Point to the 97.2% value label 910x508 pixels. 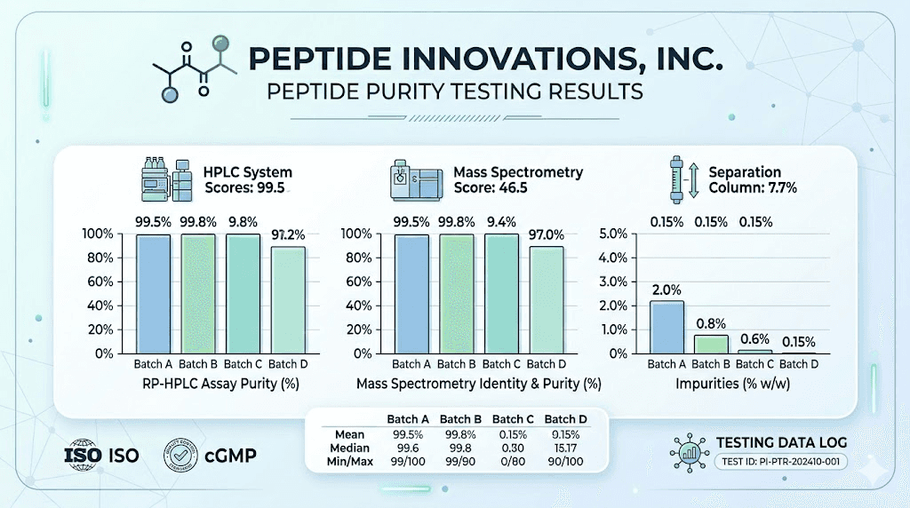pos(287,234)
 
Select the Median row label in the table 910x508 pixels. pos(348,449)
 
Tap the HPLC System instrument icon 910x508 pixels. pos(169,180)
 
